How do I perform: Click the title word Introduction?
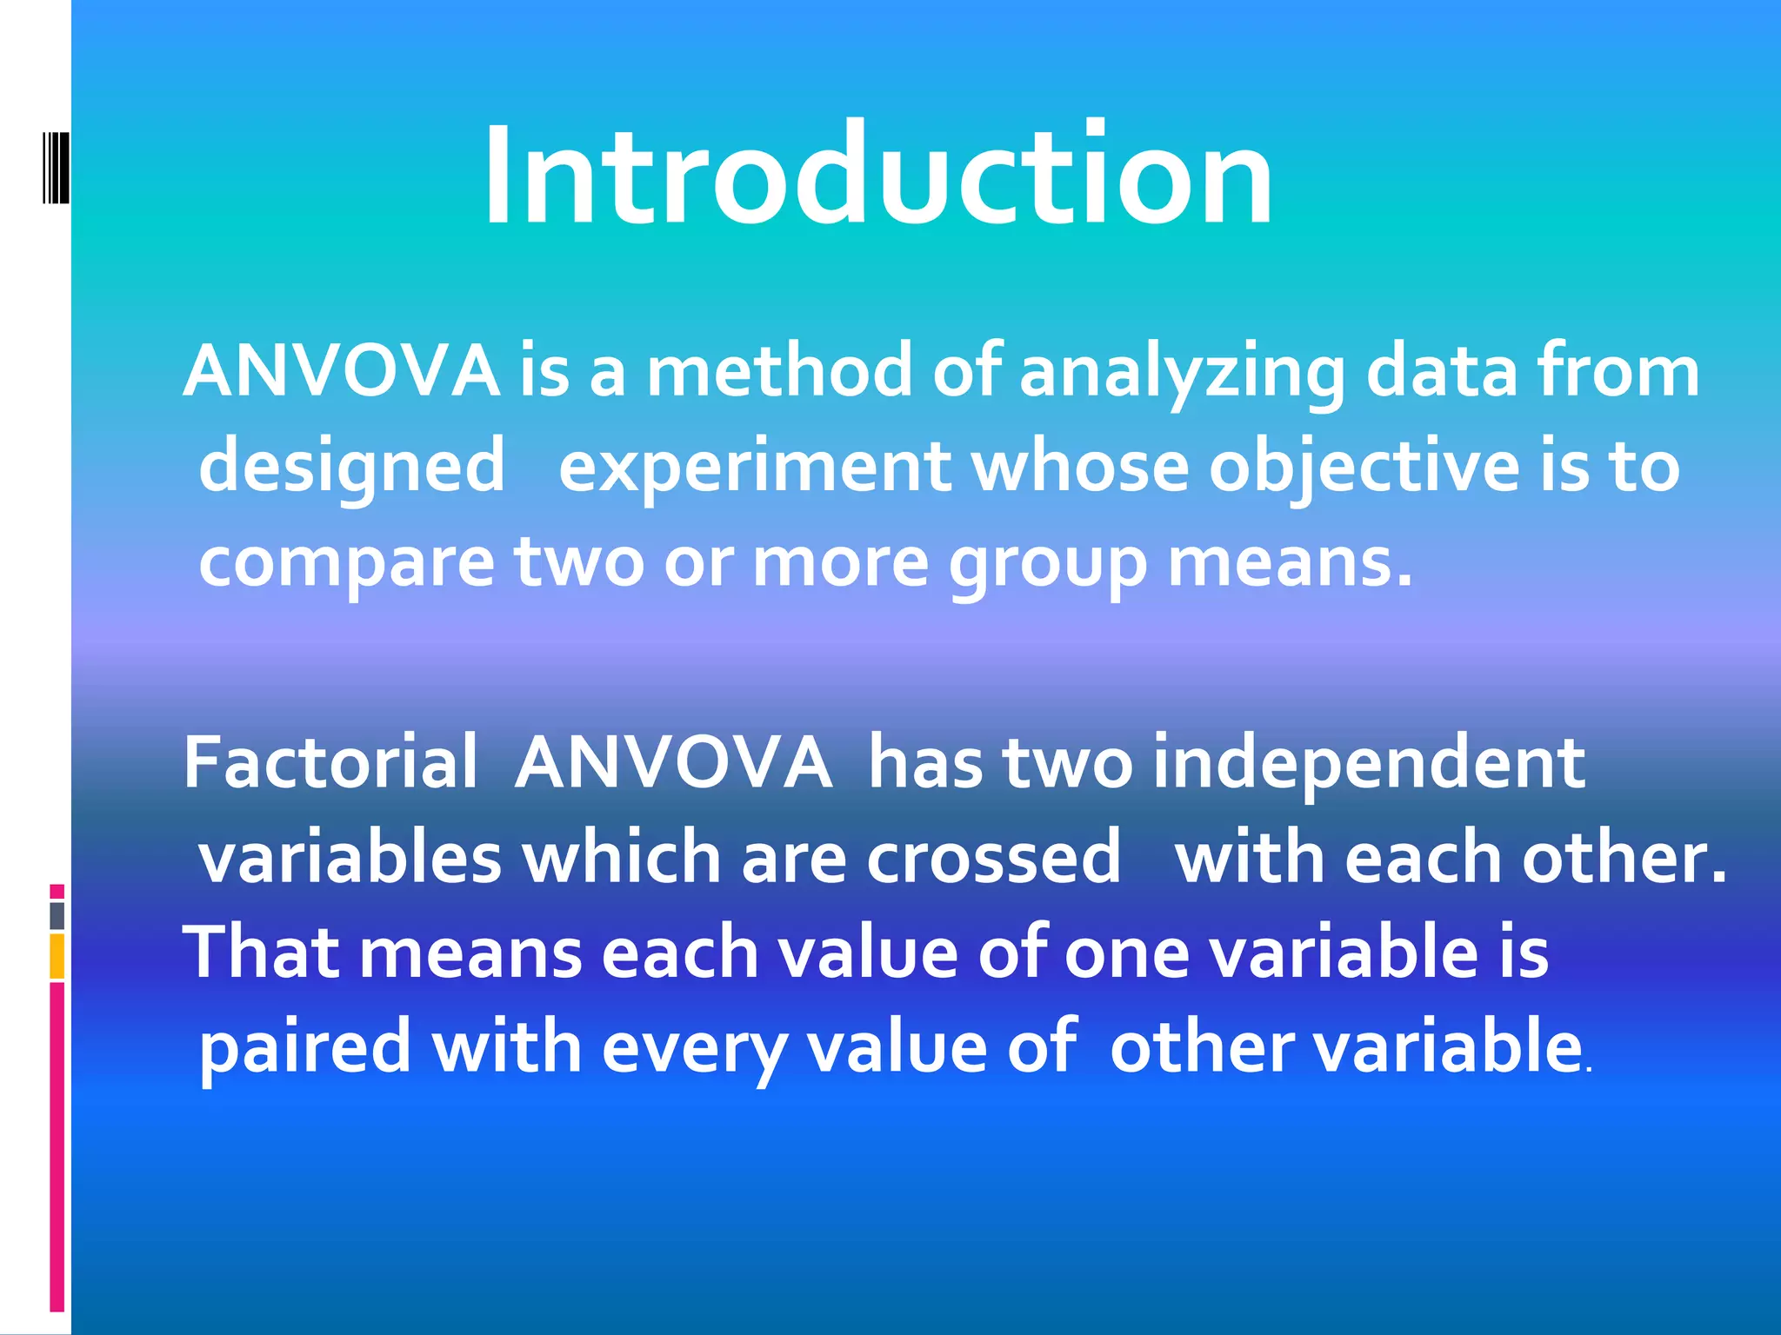click(878, 176)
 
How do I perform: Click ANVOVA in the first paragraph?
click(342, 372)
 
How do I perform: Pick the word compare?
click(347, 563)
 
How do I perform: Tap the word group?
click(1047, 563)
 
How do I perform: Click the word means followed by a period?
click(1289, 563)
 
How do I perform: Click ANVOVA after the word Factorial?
click(672, 762)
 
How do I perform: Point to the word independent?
click(1369, 762)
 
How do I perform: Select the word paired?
click(304, 1047)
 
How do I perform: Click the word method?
click(780, 372)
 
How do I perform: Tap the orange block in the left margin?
click(57, 956)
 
